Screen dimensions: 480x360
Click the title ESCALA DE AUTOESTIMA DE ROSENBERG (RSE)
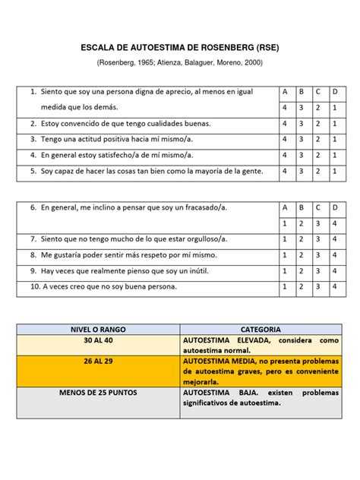[179, 47]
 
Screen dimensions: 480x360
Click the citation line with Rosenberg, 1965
[179, 62]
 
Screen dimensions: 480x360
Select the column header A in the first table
[284, 92]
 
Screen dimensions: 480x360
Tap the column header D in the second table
[335, 207]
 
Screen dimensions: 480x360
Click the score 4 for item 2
[284, 123]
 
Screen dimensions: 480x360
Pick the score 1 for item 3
[335, 139]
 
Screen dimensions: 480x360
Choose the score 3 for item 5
[301, 171]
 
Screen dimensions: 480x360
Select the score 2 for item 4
[318, 155]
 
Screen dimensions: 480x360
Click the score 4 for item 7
[335, 238]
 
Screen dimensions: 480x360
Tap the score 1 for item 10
[284, 286]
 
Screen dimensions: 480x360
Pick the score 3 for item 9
[318, 270]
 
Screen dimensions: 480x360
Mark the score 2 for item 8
[301, 254]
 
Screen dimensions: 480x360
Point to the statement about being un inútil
[125, 270]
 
